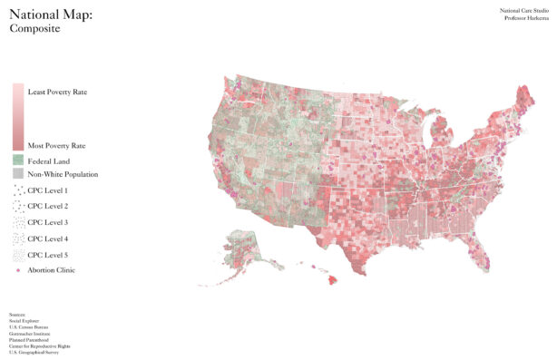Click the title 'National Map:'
click(51, 15)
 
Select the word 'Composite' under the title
click(34, 29)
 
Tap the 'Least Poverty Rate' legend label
click(57, 92)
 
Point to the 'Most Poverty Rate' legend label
click(56, 145)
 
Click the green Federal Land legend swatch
click(18, 161)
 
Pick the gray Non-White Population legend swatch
click(18, 173)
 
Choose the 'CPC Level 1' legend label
click(47, 190)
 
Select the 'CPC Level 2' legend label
click(47, 207)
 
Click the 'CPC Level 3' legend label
click(47, 222)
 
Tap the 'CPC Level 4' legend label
click(47, 238)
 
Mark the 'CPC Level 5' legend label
click(47, 255)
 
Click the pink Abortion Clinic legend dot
click(18, 270)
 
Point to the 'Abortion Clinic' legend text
click(51, 270)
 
